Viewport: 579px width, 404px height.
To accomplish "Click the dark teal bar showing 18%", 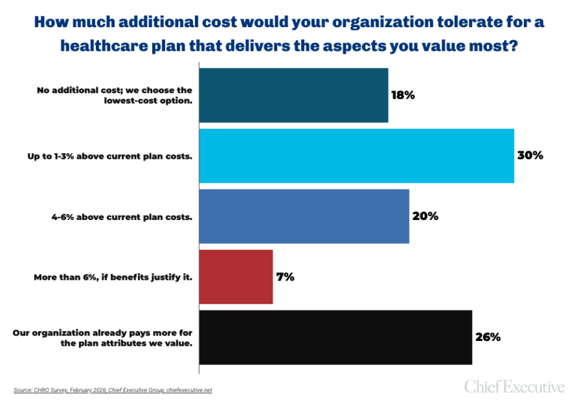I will tap(294, 95).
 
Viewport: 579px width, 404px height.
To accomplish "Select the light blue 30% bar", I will tap(356, 156).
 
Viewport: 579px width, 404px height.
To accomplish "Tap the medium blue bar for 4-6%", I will tap(304, 216).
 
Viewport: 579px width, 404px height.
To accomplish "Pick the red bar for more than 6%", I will tap(236, 277).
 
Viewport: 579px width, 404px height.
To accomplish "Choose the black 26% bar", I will tap(335, 337).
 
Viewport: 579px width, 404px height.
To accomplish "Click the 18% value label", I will tap(403, 95).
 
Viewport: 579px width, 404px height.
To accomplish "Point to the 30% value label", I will tap(530, 156).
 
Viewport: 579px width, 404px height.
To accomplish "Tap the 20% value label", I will tap(425, 216).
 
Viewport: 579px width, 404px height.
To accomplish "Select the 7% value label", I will tap(285, 277).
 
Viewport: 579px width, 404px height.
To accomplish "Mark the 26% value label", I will tap(487, 337).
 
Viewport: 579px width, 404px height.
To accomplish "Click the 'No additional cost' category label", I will tap(114, 95).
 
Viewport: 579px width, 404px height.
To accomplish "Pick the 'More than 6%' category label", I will tap(113, 277).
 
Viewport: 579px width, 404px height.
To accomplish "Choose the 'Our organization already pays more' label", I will tap(103, 338).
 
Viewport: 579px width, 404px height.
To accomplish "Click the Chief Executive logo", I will tap(515, 387).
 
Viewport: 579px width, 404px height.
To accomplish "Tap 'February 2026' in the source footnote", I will tap(77, 390).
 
